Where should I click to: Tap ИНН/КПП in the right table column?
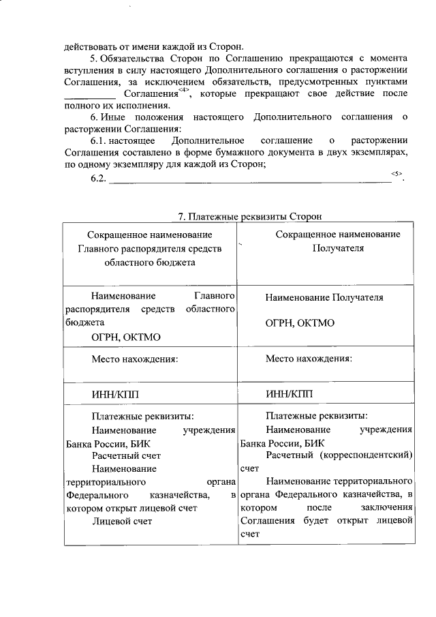(x=287, y=393)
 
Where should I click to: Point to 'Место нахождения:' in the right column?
(x=309, y=358)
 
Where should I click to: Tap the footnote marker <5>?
(x=397, y=174)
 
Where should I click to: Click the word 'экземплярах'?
(x=379, y=152)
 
